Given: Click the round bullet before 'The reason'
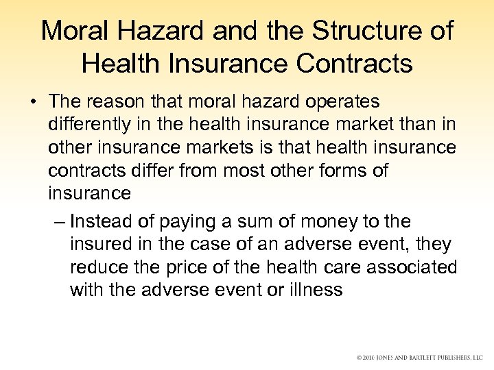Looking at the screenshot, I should (33, 103).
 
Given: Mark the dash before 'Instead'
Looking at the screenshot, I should (58, 221).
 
